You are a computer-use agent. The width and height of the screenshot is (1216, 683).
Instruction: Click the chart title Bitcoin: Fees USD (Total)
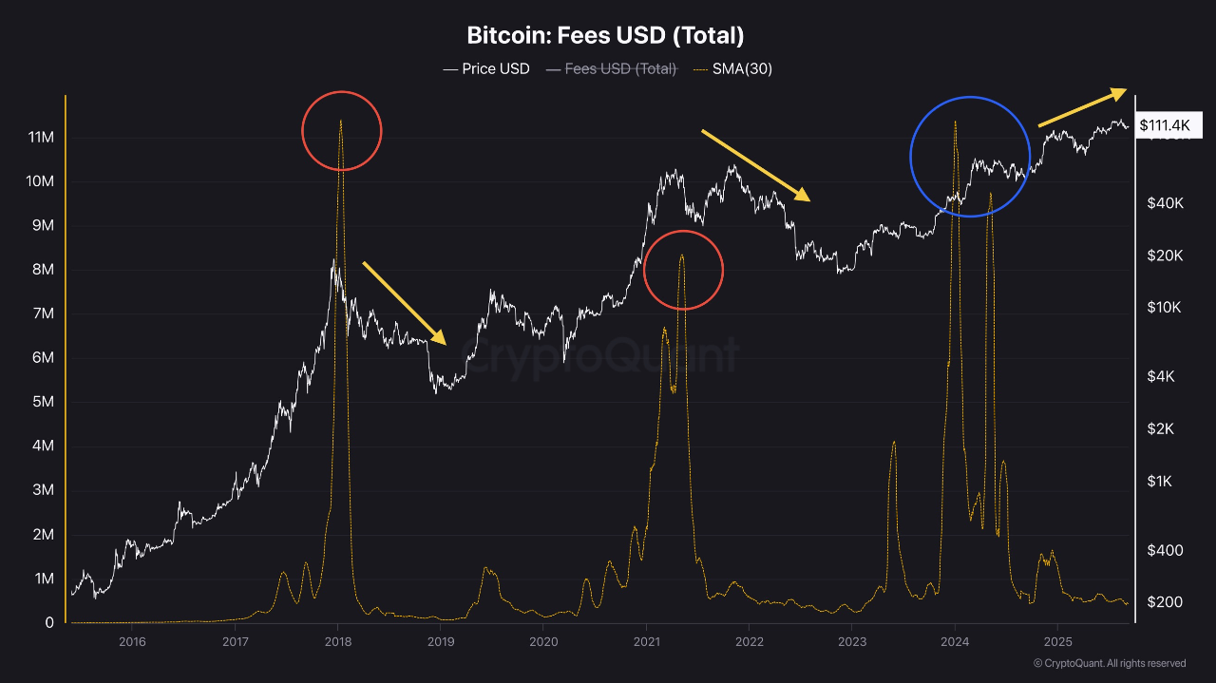(605, 36)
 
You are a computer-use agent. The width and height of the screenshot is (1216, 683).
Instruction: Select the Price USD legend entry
(486, 69)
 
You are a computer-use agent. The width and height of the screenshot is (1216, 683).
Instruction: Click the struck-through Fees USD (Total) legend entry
(612, 69)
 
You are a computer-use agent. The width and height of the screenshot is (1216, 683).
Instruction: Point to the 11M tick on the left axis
(41, 138)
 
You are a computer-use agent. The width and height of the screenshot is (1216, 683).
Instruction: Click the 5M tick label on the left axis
(43, 402)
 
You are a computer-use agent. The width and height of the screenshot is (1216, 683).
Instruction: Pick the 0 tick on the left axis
(49, 623)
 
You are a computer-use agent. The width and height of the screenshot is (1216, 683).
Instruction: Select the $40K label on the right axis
(1165, 203)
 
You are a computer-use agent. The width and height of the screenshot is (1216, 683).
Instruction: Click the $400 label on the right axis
(1165, 551)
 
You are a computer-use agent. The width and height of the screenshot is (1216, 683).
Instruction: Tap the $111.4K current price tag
(1168, 125)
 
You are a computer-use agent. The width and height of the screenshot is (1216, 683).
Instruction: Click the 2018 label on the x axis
(337, 642)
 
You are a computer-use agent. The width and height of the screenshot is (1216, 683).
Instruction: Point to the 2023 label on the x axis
(852, 642)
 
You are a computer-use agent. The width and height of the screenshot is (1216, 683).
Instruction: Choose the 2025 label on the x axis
(1058, 642)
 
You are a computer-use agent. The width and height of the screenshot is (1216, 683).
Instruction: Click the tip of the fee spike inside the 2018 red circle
(340, 121)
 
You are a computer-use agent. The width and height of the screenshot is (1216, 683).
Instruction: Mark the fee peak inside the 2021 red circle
(681, 255)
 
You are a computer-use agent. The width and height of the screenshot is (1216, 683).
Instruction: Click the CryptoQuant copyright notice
(1109, 663)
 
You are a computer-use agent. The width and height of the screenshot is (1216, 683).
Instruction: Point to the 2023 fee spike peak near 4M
(894, 442)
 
